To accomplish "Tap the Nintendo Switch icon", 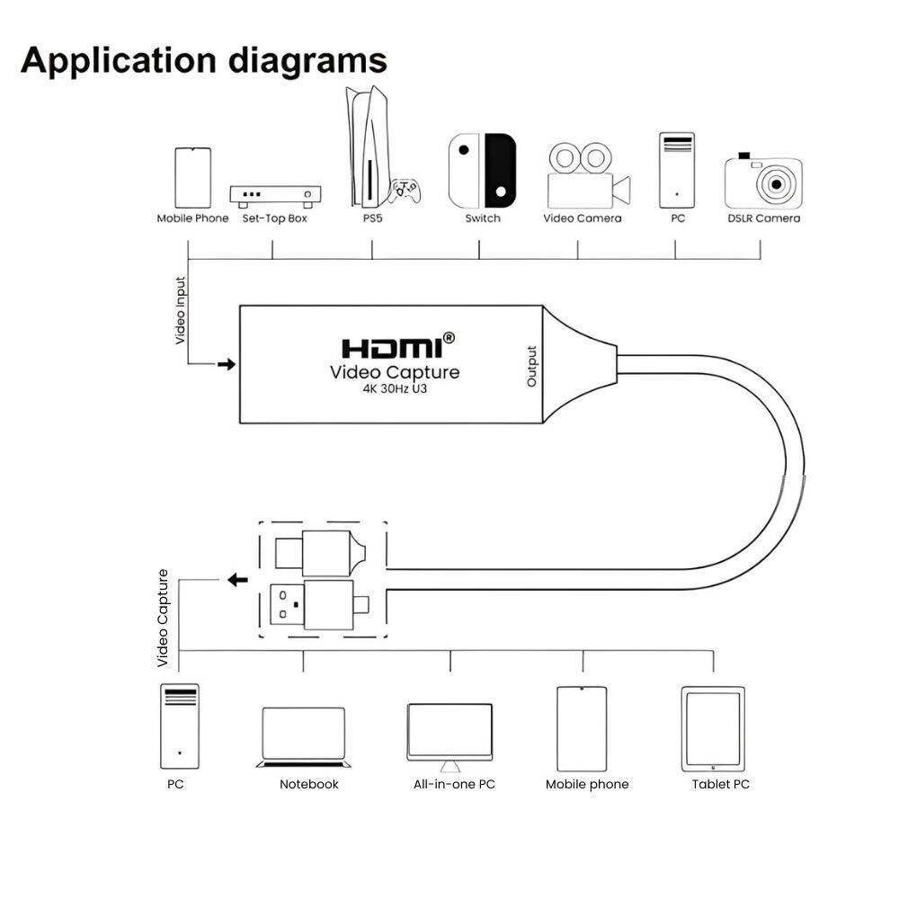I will [x=483, y=170].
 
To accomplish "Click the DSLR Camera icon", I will [x=763, y=182].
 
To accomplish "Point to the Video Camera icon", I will [x=587, y=175].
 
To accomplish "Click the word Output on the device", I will [x=531, y=367].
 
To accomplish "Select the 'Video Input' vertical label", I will [x=180, y=310].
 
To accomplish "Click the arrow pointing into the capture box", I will [x=226, y=364].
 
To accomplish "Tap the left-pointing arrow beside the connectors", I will [x=237, y=580].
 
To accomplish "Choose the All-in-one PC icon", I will [x=449, y=736].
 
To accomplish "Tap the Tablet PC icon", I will [x=713, y=728].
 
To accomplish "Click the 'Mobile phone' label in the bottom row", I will [x=587, y=784].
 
